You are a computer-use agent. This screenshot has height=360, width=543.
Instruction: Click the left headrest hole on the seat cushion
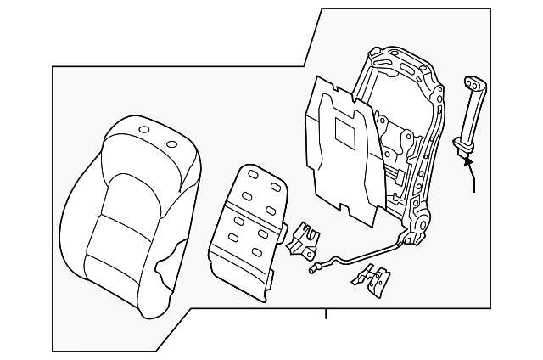click(x=143, y=130)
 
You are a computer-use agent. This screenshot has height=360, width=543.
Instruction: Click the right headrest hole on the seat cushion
click(x=172, y=143)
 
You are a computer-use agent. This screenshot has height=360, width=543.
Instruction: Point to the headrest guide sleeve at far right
click(x=469, y=115)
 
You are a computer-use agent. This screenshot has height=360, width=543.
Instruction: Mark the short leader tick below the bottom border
click(x=325, y=315)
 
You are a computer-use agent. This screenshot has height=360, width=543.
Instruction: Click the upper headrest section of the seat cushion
click(x=153, y=149)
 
